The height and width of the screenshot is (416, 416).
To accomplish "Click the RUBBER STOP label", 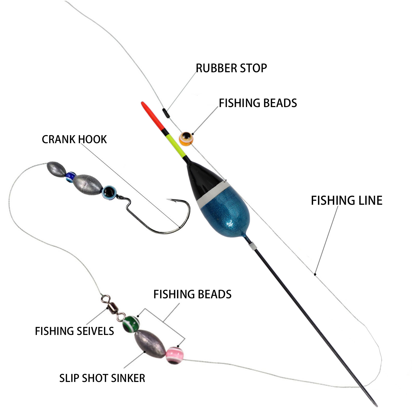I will pos(231,68).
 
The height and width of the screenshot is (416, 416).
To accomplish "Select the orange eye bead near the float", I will pos(186,139).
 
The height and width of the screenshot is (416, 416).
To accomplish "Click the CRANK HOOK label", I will pos(74,140).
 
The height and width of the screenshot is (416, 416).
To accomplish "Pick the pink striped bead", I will pos(175,355).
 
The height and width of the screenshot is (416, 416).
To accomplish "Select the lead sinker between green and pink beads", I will pos(150,343).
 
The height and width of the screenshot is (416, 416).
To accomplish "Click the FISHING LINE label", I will pos(346,200).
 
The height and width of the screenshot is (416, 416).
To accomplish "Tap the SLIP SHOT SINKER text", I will pos(102,378).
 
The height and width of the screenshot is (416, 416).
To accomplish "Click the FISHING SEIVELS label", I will pos(74,331).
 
